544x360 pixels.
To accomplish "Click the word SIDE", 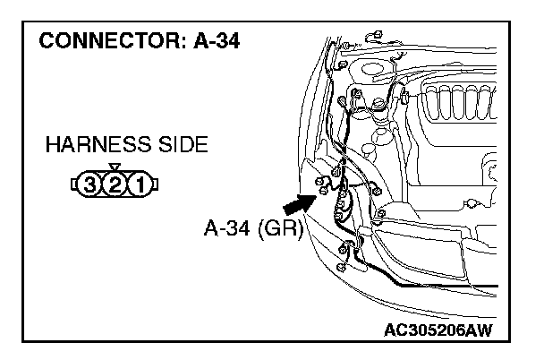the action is click(x=182, y=145).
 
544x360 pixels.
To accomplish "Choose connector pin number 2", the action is click(x=113, y=186).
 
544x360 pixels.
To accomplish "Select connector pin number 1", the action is click(x=138, y=186).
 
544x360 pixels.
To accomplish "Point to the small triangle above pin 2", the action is click(x=113, y=168).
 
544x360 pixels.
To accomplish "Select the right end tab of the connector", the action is click(x=155, y=186).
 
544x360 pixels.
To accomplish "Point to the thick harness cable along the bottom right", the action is click(x=447, y=284).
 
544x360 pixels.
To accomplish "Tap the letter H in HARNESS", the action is click(x=51, y=145).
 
